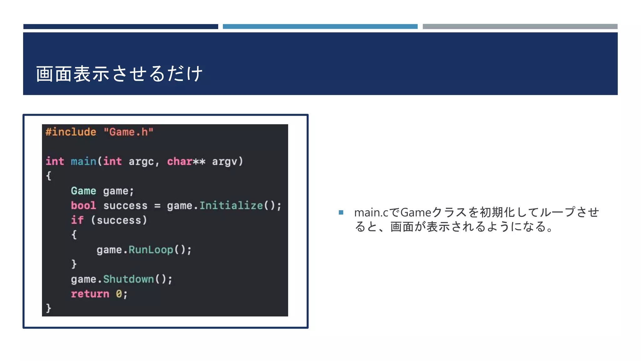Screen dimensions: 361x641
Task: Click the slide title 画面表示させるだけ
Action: click(119, 74)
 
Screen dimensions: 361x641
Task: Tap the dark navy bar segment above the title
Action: click(121, 27)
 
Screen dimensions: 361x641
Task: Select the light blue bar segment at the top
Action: click(320, 27)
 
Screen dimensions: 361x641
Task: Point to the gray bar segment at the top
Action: click(520, 27)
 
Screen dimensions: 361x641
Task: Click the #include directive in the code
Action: click(71, 132)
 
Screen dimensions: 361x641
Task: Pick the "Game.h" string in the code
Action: click(128, 132)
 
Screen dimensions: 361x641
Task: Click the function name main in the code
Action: click(83, 161)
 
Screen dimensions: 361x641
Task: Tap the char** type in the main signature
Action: click(186, 161)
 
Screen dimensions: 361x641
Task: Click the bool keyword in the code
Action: click(83, 206)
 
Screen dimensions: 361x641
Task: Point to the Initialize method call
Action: click(231, 206)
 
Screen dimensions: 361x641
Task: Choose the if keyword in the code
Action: click(77, 220)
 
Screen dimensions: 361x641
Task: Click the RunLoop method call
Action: click(151, 250)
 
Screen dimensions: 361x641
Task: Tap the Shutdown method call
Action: click(128, 279)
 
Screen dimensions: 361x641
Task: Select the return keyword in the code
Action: click(90, 294)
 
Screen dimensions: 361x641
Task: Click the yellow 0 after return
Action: click(119, 294)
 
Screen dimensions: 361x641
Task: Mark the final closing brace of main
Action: click(49, 308)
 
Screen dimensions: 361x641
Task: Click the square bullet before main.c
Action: click(341, 212)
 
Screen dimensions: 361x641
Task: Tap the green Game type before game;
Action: click(83, 191)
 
